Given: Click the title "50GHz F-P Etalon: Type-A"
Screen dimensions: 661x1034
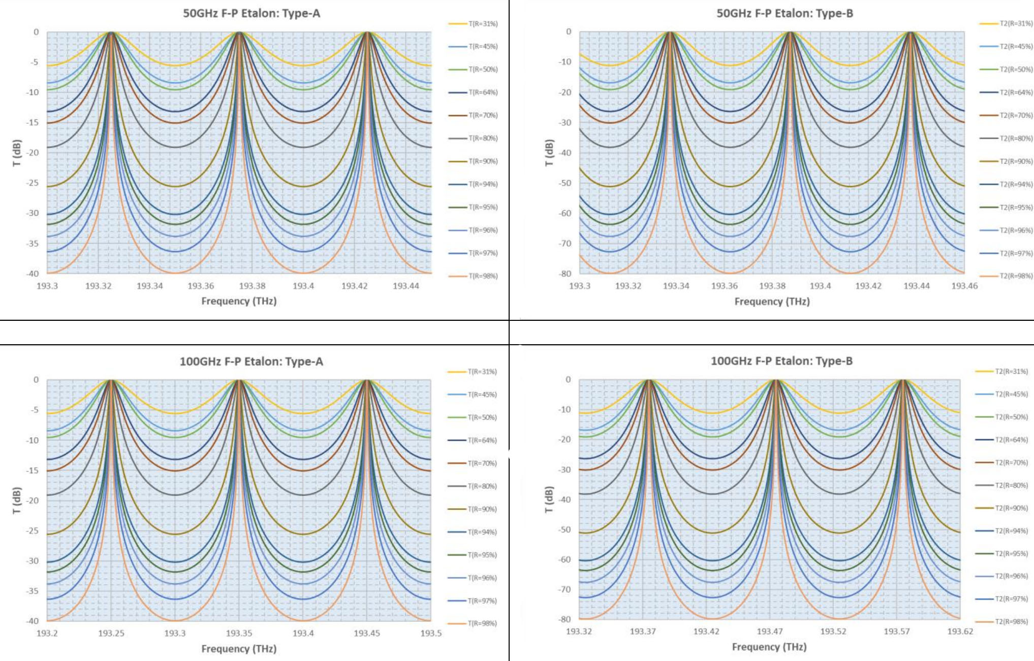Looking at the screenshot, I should point(252,14).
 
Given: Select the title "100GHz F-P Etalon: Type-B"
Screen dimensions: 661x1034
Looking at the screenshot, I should point(781,361).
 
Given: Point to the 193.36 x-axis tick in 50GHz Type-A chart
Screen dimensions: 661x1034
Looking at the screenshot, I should point(201,286).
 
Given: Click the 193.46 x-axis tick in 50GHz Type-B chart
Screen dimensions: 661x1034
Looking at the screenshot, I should point(964,286).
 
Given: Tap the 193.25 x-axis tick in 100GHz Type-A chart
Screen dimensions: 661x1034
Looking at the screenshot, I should point(111,634).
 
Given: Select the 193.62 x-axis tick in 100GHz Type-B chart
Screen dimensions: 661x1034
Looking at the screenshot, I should point(960,632).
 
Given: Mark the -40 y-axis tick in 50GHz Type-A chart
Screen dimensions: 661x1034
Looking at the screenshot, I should point(33,274).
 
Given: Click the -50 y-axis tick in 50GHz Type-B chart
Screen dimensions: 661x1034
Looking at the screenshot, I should point(565,183).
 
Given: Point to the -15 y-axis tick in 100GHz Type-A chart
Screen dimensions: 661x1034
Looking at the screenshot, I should point(33,471).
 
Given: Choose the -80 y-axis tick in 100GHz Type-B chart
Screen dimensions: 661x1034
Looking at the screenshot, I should point(565,619).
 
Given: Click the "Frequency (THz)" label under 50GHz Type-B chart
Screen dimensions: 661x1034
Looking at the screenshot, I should point(772,302).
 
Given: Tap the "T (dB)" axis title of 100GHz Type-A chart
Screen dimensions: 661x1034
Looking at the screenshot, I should point(17,501).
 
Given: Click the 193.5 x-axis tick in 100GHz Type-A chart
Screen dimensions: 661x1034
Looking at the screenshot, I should point(431,634).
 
